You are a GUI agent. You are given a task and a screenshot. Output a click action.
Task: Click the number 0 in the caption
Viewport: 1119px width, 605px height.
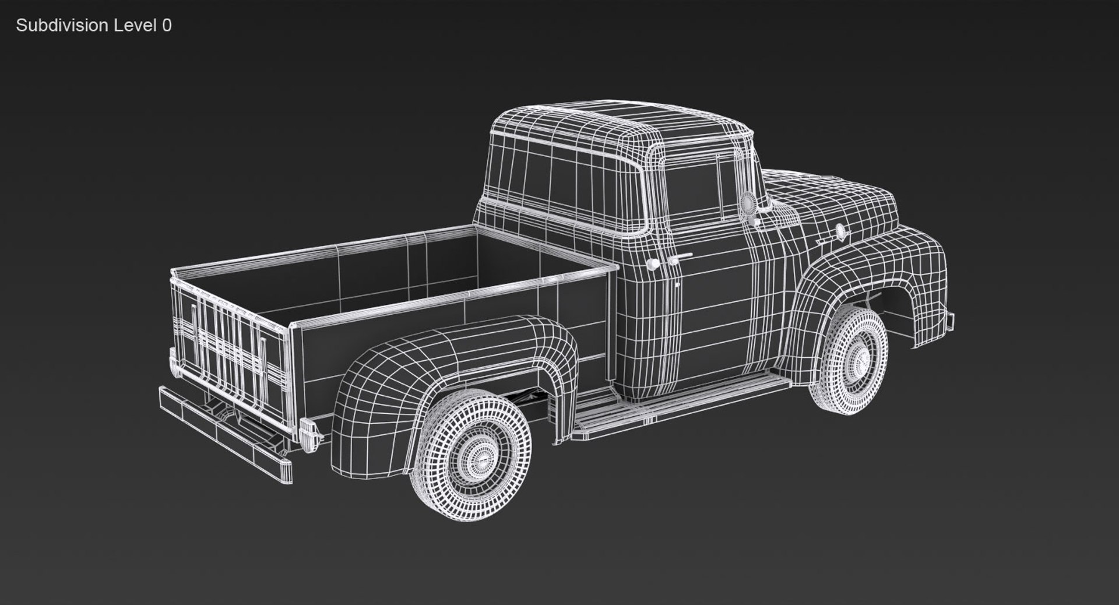point(167,25)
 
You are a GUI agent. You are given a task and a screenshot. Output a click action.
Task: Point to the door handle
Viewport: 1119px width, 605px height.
point(680,256)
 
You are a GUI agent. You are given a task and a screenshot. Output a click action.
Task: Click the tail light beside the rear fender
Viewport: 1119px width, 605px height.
point(308,435)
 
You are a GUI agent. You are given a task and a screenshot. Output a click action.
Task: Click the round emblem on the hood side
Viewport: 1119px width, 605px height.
point(840,231)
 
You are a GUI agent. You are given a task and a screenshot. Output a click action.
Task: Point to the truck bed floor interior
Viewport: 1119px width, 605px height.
point(408,291)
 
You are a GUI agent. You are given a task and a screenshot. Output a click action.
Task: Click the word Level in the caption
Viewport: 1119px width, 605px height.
point(134,25)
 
